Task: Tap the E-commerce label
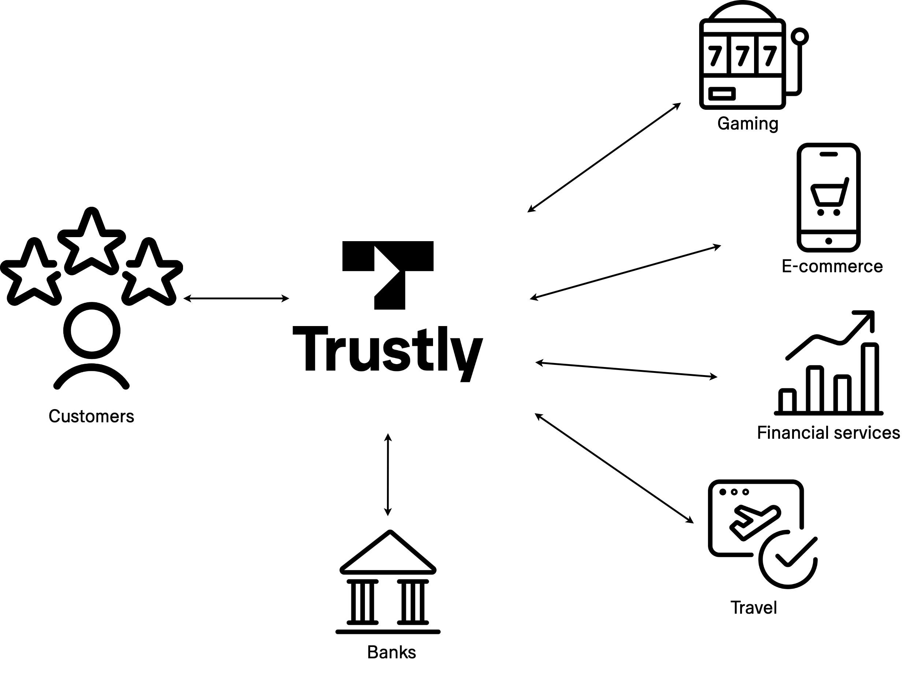(x=832, y=266)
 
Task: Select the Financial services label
(x=828, y=433)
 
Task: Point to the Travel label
(x=753, y=608)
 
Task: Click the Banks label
(x=391, y=652)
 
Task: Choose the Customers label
(x=92, y=416)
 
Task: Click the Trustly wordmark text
(x=387, y=350)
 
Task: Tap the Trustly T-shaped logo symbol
(x=388, y=274)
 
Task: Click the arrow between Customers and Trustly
(x=236, y=298)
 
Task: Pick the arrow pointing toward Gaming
(x=604, y=157)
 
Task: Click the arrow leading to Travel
(x=614, y=468)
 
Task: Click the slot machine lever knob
(x=799, y=37)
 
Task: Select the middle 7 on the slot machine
(x=743, y=56)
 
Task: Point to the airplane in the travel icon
(x=754, y=520)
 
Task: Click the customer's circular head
(x=92, y=330)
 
